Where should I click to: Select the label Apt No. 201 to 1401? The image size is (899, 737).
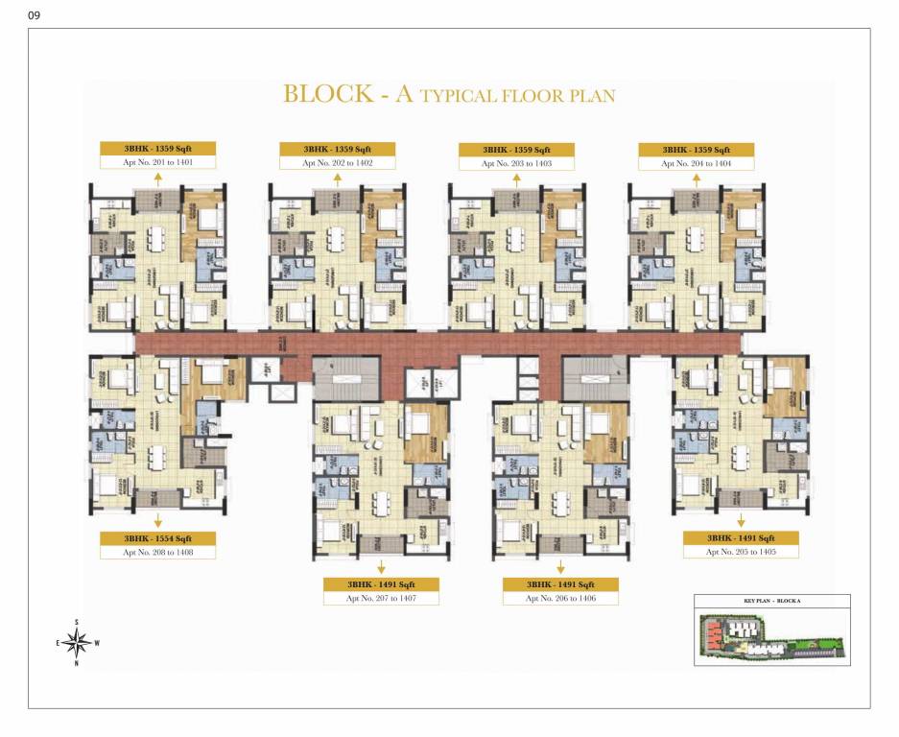tap(158, 163)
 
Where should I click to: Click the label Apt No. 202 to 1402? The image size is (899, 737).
tap(337, 163)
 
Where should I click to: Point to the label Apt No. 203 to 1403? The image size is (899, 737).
tap(516, 164)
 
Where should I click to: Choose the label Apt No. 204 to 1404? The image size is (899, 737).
tap(696, 164)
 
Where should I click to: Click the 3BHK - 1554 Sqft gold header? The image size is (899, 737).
tap(158, 538)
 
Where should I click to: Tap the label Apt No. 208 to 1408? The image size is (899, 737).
tap(158, 553)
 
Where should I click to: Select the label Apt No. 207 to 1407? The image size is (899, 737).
tap(381, 598)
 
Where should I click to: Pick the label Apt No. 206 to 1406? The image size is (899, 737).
tap(560, 598)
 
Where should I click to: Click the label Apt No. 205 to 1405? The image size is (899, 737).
tap(740, 552)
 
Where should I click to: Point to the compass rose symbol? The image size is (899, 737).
tap(83, 642)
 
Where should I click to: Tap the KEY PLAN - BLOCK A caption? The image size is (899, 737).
tap(771, 600)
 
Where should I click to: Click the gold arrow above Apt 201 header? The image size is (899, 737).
tap(158, 179)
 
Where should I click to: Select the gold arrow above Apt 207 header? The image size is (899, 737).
tap(381, 566)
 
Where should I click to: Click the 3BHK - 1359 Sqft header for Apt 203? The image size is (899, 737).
tap(516, 150)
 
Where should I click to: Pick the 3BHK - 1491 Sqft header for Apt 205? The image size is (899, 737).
tap(740, 538)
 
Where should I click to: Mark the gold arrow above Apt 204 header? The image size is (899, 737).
tap(696, 179)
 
